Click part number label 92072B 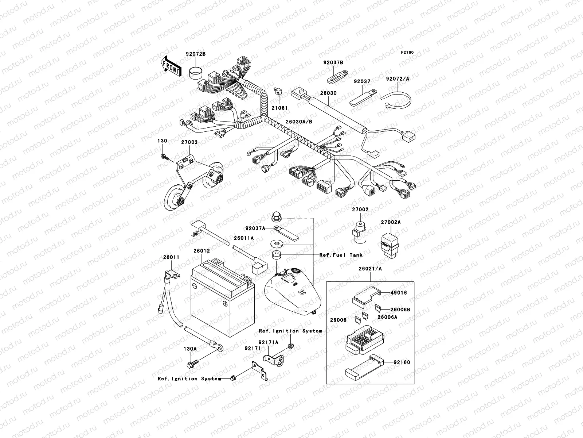click(195, 54)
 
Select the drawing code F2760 click(407, 53)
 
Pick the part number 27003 click(189, 142)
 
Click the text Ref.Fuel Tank click(341, 255)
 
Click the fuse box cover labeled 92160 click(364, 367)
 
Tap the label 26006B click(400, 310)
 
